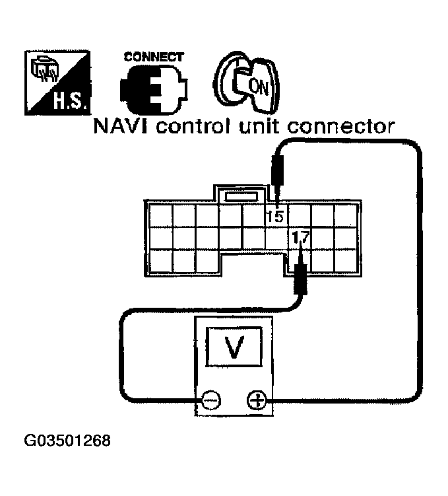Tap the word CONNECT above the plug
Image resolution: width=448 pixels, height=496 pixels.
coord(154,57)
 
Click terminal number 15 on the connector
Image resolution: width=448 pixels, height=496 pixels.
coord(275,215)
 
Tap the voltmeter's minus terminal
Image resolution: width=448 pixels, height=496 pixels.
coord(211,400)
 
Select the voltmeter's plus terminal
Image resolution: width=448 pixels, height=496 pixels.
coord(256,400)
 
